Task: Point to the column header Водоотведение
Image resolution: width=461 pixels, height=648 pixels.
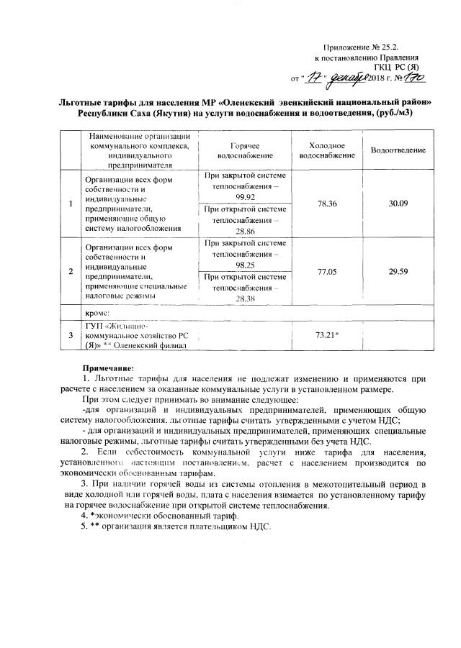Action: pyautogui.click(x=398, y=150)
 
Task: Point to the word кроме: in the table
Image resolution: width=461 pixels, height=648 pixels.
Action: pyautogui.click(x=96, y=313)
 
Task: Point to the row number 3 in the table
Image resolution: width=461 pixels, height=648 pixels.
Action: pyautogui.click(x=71, y=335)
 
